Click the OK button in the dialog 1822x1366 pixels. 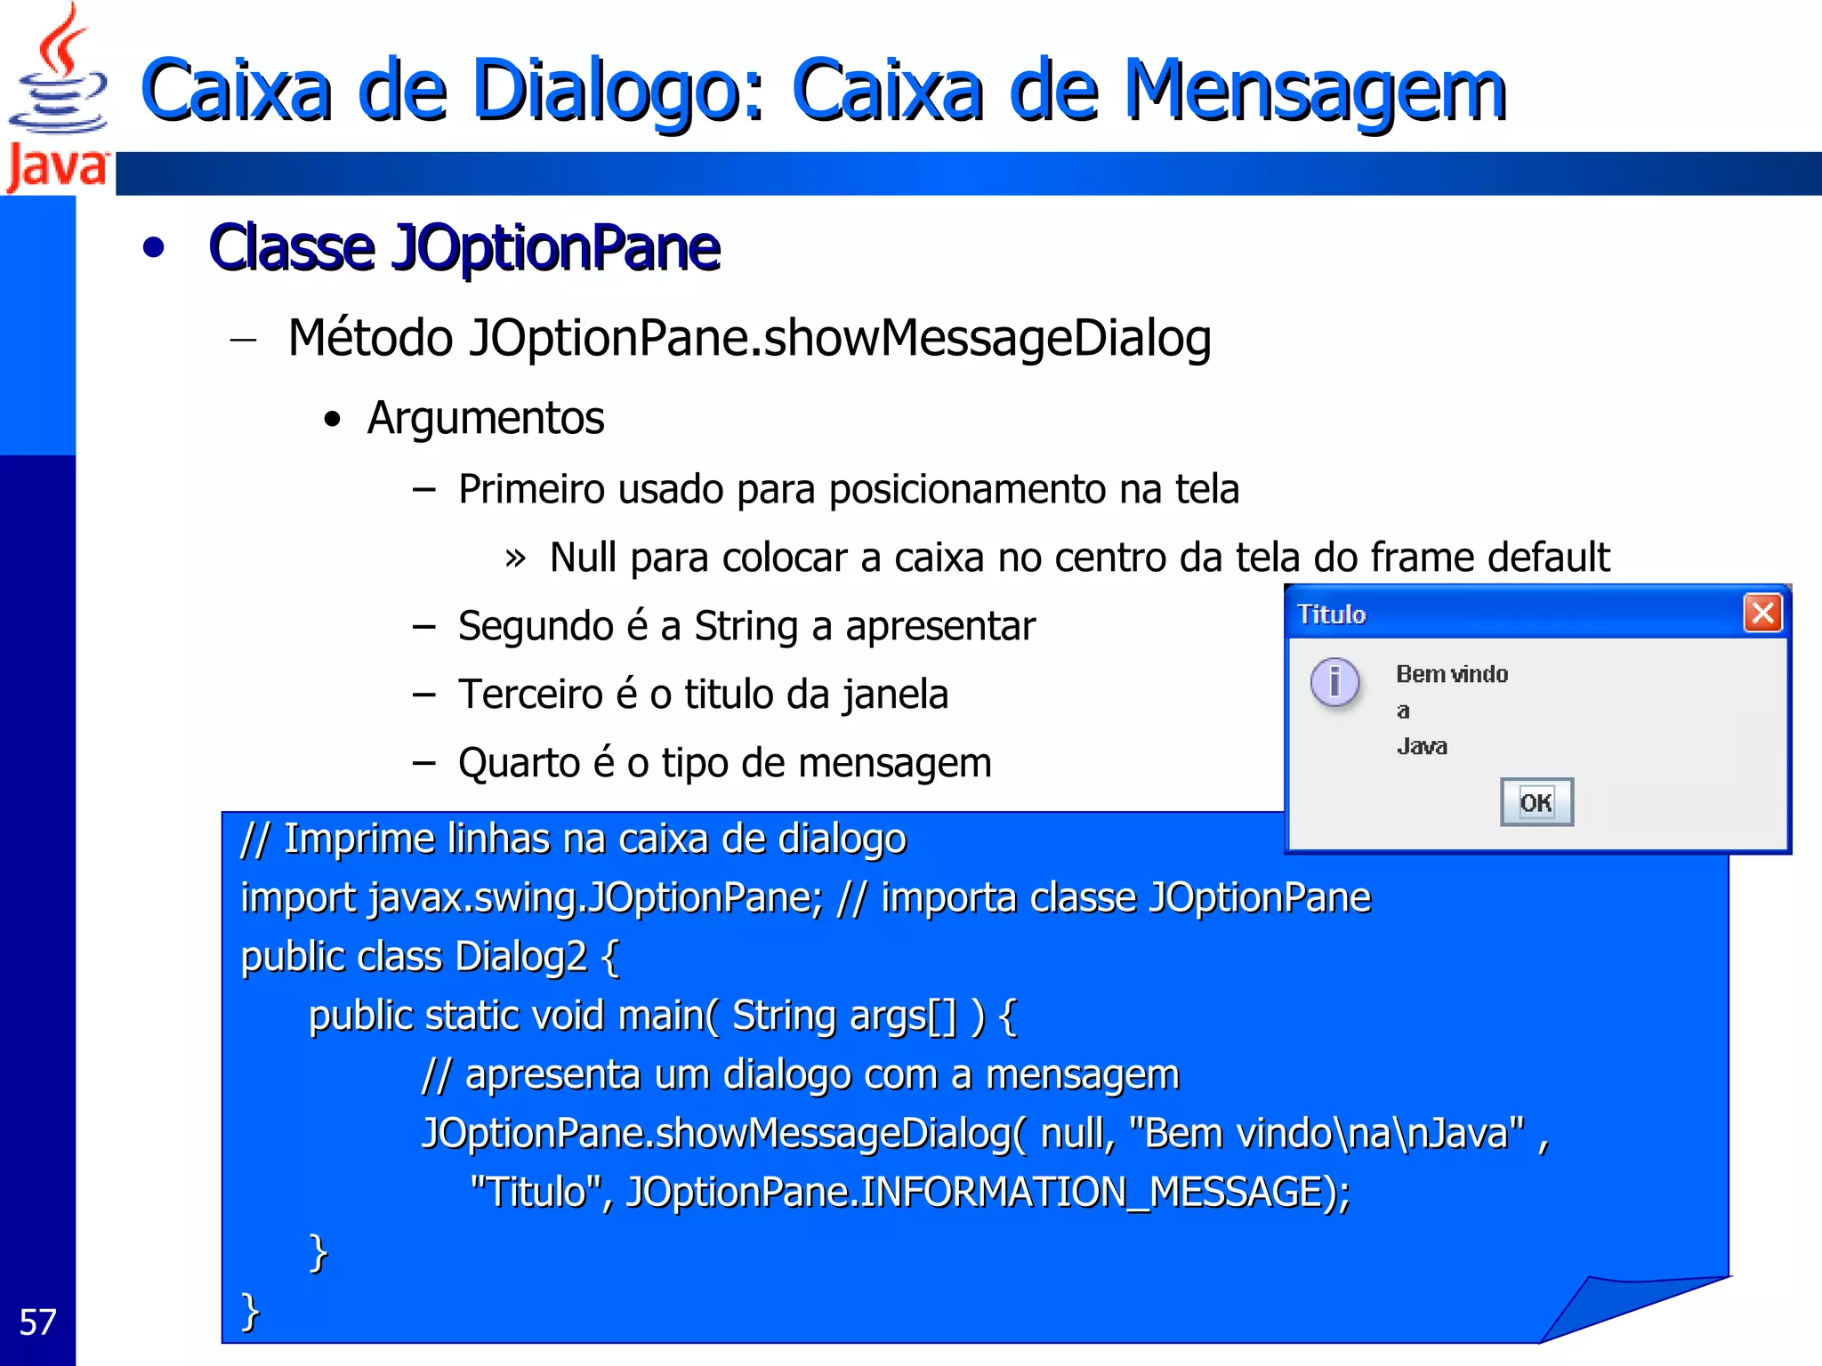click(1536, 802)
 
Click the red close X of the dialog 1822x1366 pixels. click(1762, 614)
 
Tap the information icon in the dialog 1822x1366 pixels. click(1334, 683)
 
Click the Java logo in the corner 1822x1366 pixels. click(57, 98)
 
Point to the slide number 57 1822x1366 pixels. click(37, 1322)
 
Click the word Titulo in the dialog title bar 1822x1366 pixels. click(1331, 615)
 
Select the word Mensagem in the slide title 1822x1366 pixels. click(1315, 91)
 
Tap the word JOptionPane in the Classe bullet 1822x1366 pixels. click(556, 248)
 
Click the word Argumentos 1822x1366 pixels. click(486, 418)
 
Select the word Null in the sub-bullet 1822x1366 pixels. click(583, 558)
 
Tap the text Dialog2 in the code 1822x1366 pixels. click(520, 957)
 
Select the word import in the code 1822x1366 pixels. click(298, 898)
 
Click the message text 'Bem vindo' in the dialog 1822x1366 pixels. click(1452, 674)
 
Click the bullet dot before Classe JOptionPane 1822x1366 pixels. click(154, 248)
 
